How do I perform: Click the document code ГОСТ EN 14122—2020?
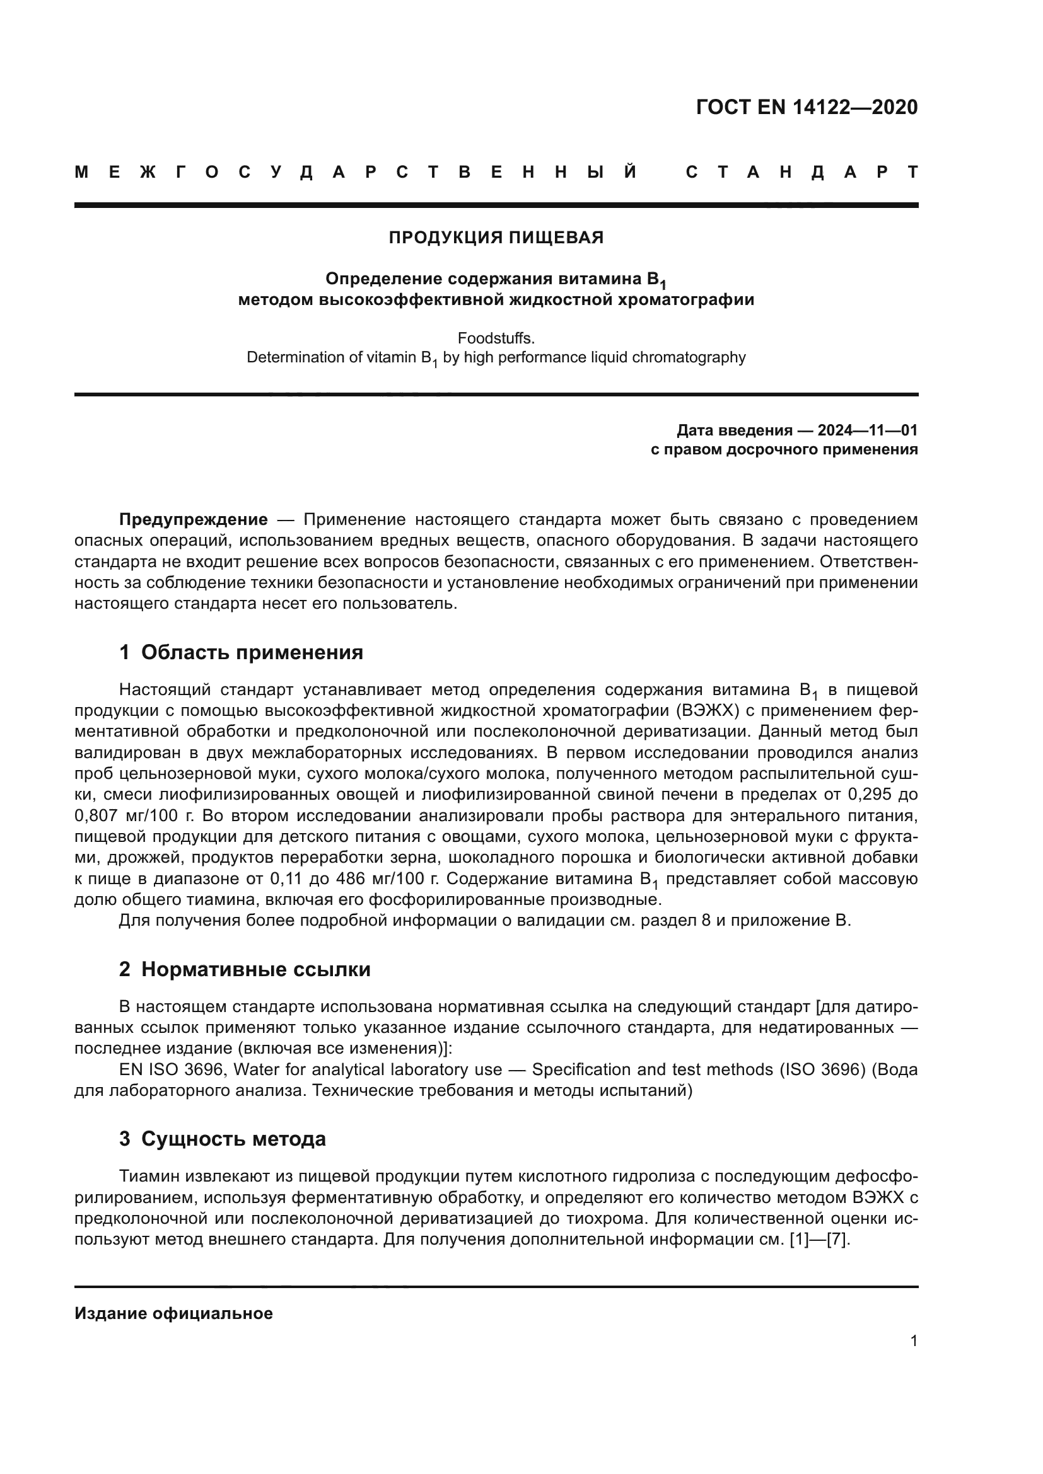807,107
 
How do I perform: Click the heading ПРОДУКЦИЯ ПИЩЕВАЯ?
496,238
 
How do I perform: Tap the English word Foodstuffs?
496,338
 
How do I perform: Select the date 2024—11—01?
868,430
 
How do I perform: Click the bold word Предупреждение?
194,519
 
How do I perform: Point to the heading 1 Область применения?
241,652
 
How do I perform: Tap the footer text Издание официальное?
173,1313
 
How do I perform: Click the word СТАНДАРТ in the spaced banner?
801,172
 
